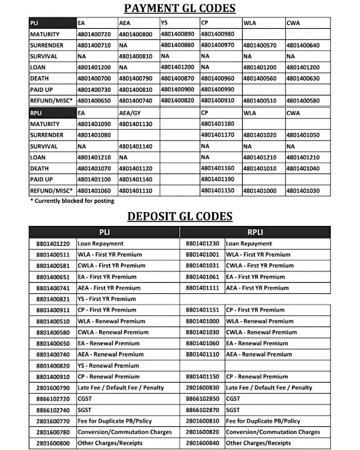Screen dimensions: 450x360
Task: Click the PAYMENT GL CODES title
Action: [180, 8]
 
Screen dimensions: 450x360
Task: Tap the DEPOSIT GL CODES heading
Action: [180, 216]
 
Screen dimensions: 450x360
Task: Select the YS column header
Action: [165, 23]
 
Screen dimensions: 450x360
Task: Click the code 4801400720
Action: [94, 34]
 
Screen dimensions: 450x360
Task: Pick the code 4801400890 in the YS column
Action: [178, 34]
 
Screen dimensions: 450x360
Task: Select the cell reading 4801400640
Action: [303, 46]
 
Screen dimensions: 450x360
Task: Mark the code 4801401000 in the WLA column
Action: [260, 190]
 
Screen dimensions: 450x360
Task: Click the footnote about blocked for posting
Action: [72, 201]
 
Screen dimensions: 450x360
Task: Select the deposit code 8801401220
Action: [53, 243]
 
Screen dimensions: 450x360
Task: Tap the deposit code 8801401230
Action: [203, 243]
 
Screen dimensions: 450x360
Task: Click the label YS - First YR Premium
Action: [107, 299]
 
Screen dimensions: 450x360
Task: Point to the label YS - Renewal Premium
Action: [107, 365]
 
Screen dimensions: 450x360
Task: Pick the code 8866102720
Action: [53, 399]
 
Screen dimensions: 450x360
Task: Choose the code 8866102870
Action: [203, 410]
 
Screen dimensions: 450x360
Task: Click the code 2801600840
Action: [203, 443]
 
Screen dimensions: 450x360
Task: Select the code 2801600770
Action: [53, 421]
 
